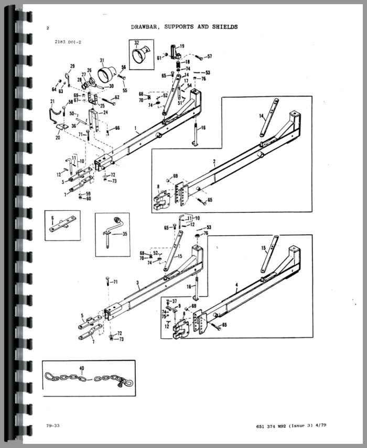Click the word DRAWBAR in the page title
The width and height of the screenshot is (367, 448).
point(145,26)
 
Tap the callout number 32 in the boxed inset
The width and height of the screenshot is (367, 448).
point(136,42)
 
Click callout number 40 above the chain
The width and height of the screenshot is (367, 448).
point(81,368)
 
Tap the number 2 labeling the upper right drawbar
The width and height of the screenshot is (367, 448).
point(214,163)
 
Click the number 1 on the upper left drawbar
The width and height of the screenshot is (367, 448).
point(135,127)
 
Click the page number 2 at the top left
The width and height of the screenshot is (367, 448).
point(48,28)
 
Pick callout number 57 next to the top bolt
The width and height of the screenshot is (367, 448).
point(209,56)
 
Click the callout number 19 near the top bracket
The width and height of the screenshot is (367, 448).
point(182,46)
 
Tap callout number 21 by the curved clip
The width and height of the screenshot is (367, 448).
point(52,101)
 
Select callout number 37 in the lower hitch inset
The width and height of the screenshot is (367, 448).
point(175,301)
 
